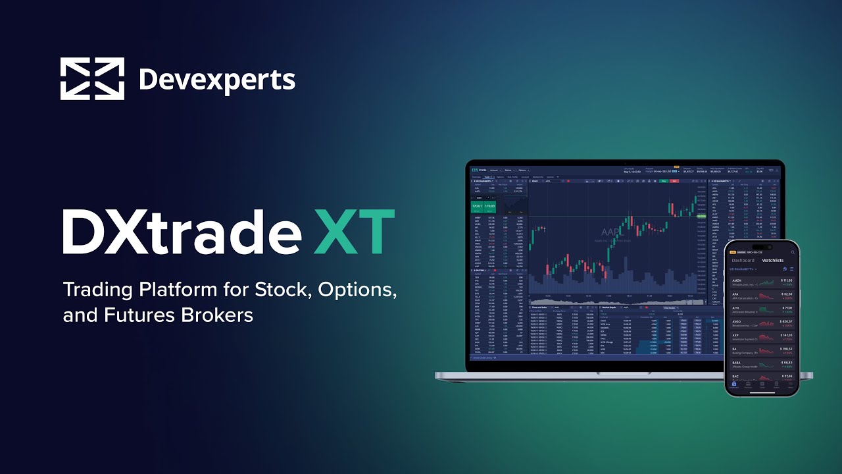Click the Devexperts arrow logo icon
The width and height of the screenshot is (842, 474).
coord(92,79)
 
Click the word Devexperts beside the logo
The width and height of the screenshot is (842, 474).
coord(217,80)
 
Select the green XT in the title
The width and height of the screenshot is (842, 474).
coord(354,232)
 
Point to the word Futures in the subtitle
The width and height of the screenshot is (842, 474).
coord(138,315)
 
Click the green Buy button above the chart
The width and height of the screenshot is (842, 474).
coord(664,180)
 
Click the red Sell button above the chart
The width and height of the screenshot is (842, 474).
coord(674,180)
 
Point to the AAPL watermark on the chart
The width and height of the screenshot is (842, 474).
coord(612,232)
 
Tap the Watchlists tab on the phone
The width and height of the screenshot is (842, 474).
coord(773,260)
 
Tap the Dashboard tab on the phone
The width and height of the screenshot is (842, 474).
coord(743,260)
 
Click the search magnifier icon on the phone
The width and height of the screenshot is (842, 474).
coord(793,252)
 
